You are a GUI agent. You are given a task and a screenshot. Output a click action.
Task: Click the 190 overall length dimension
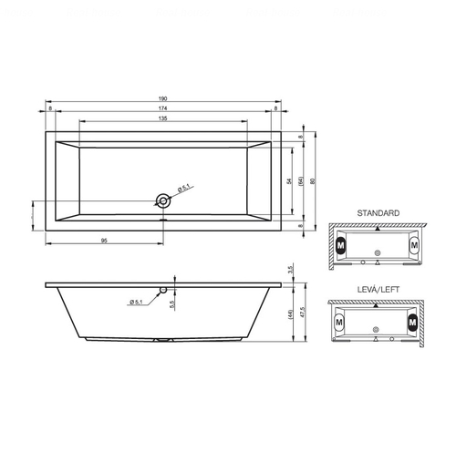(x=163, y=98)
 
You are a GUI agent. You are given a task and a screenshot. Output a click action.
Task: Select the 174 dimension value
(x=163, y=108)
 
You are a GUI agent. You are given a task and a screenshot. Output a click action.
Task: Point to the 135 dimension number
(x=163, y=118)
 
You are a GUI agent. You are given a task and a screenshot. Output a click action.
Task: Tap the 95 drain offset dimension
(x=104, y=241)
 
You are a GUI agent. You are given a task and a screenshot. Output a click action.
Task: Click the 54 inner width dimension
(x=289, y=181)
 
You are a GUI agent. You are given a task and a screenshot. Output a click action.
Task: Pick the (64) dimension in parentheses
(x=301, y=181)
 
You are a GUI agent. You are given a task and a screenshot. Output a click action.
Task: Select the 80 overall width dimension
(x=313, y=181)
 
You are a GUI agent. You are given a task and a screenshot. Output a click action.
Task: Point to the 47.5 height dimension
(x=302, y=312)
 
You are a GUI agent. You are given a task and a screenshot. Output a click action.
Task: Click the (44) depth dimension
(x=290, y=314)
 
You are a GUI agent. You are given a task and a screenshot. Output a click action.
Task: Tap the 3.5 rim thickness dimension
(x=290, y=270)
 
